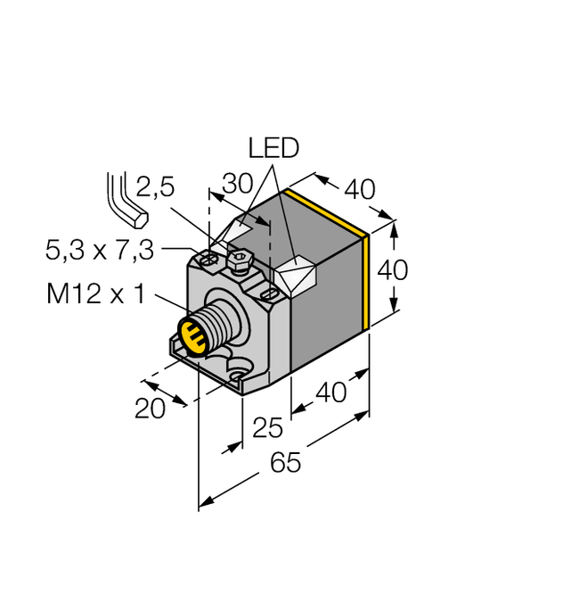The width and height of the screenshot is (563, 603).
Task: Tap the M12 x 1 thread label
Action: [x=94, y=295]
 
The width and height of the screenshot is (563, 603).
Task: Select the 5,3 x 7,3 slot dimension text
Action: [x=100, y=252]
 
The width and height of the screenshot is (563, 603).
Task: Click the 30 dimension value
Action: [x=238, y=183]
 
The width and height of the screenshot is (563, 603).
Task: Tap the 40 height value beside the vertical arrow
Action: [x=393, y=268]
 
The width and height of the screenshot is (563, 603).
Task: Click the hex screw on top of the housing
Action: [x=238, y=261]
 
